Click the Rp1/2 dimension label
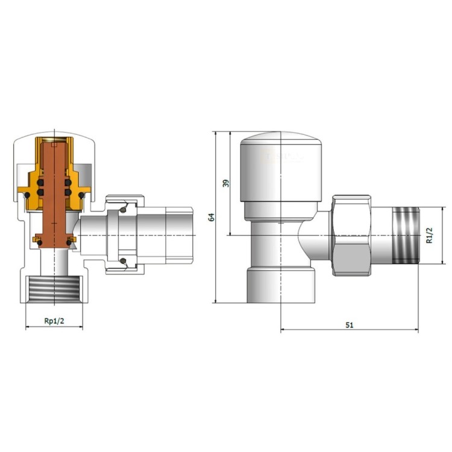pos(54,321)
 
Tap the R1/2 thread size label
pos(430,235)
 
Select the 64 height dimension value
pos(212,217)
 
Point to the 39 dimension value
pos(226,183)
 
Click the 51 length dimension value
pos(350,325)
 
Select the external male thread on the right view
pos(406,235)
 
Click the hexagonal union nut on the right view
pos(352,236)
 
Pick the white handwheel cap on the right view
pos(281,167)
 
